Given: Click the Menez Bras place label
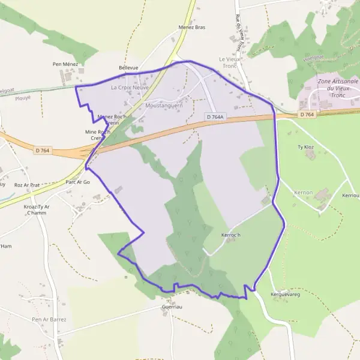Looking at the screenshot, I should tap(192, 28).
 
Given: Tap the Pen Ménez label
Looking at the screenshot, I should tap(65, 64).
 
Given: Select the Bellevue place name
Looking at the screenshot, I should tap(128, 68).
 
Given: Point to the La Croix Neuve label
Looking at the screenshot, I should tap(130, 87).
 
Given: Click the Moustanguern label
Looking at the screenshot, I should tap(164, 106).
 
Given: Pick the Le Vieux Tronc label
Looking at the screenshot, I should tap(229, 62).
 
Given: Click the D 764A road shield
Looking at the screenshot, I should tap(214, 116).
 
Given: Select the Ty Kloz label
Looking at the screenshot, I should tap(306, 146).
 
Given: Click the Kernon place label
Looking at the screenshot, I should tap(304, 192).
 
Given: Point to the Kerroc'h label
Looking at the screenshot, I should tap(231, 235).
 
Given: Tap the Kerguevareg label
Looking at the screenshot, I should tap(285, 295).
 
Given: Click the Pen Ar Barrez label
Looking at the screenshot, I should tap(49, 319).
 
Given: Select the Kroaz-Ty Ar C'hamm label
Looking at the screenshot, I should tap(37, 211).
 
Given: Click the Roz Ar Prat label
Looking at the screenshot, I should tap(27, 185).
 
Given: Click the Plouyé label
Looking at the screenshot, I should tap(23, 97).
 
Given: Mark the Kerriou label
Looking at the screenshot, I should tap(350, 196).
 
